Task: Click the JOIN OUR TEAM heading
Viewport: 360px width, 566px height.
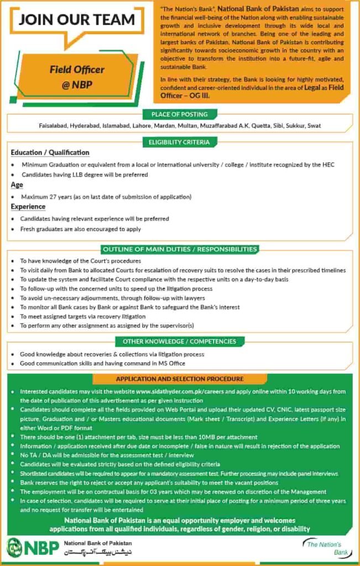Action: click(x=76, y=19)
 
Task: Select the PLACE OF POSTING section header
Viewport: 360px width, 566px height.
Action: click(x=180, y=114)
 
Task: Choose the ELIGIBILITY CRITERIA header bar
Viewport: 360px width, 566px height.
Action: click(x=180, y=142)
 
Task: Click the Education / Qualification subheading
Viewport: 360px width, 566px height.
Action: click(x=50, y=153)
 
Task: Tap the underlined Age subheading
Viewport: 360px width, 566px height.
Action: click(x=17, y=185)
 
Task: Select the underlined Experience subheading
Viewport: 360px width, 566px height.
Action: click(x=28, y=207)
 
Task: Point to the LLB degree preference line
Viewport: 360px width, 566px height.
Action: click(x=85, y=175)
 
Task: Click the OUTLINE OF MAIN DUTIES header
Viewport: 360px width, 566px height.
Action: click(x=180, y=249)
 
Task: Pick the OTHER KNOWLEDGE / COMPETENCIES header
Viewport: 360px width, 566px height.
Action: click(x=180, y=342)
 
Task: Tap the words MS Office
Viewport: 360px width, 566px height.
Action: click(x=174, y=363)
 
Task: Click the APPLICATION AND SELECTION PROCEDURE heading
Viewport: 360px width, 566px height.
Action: click(x=180, y=379)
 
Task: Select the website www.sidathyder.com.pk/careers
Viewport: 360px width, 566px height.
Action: click(x=176, y=391)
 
